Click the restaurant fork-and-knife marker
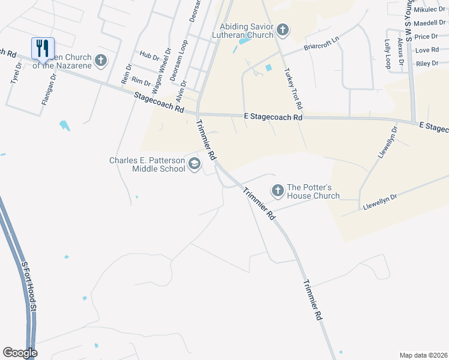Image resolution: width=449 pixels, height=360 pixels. pyautogui.click(x=43, y=48)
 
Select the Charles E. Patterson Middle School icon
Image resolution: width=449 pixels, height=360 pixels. pyautogui.click(x=194, y=164)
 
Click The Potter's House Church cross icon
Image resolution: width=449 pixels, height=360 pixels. pyautogui.click(x=277, y=191)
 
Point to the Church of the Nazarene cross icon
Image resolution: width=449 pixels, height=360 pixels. pyautogui.click(x=101, y=60)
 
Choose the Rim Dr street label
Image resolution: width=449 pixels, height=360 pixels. pyautogui.click(x=140, y=81)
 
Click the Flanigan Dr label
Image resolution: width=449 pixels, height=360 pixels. pyautogui.click(x=49, y=88)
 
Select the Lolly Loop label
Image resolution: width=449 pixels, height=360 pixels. pyautogui.click(x=388, y=53)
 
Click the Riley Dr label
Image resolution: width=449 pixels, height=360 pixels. pyautogui.click(x=427, y=63)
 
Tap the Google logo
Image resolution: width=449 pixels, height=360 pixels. pyautogui.click(x=20, y=353)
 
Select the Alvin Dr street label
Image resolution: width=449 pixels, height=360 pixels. pyautogui.click(x=181, y=91)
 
